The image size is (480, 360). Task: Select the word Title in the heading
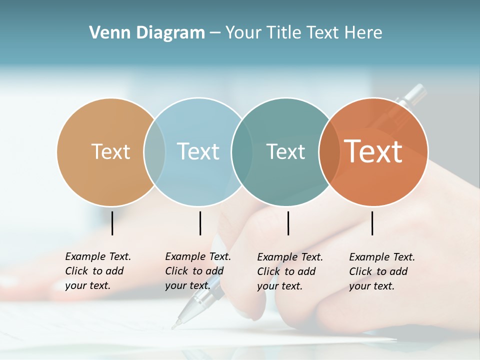click(x=284, y=33)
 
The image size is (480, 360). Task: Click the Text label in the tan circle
click(x=110, y=151)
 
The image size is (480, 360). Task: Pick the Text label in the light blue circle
click(x=198, y=151)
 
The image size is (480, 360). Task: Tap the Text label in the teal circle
click(x=285, y=151)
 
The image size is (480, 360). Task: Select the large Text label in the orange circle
click(x=373, y=151)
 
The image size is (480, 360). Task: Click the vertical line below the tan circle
click(x=112, y=223)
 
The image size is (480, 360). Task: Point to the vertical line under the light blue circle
click(x=200, y=223)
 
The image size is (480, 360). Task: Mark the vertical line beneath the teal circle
click(x=288, y=223)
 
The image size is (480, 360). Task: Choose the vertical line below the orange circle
click(x=372, y=223)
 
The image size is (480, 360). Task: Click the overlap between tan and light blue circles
click(x=154, y=151)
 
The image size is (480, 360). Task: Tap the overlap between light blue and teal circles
click(x=242, y=151)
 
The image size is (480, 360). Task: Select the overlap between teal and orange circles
click(x=329, y=151)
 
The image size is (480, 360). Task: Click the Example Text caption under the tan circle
click(x=98, y=271)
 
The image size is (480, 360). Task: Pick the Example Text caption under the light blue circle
click(x=198, y=271)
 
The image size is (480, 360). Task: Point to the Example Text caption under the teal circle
click(x=290, y=271)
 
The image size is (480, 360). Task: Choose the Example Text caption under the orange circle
click(x=382, y=271)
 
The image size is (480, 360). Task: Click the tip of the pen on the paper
click(x=173, y=327)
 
